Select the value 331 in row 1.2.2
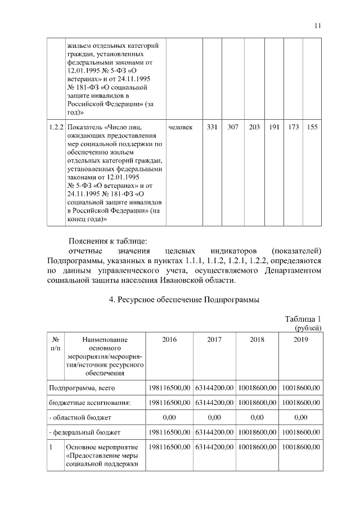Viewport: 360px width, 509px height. click(211, 128)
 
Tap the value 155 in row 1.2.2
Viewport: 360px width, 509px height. click(312, 128)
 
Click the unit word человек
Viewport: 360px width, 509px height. click(181, 128)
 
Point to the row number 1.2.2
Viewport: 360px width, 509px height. click(56, 128)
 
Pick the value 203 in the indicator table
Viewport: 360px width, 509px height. click(254, 128)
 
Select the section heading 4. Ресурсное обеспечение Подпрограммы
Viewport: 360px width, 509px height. click(183, 300)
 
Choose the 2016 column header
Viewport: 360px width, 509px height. click(169, 340)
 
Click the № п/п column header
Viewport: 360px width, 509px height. click(56, 344)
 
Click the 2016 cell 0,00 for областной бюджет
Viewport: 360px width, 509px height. click(169, 417)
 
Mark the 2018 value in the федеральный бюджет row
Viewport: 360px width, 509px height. click(258, 432)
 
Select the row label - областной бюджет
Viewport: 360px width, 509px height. click(80, 417)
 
